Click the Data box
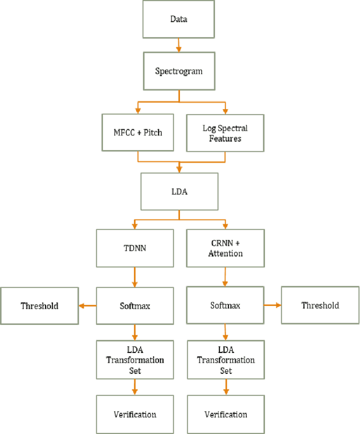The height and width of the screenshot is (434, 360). pyautogui.click(x=179, y=20)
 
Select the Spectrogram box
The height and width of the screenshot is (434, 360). pyautogui.click(x=179, y=71)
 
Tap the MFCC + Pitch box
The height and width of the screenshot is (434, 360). pyautogui.click(x=138, y=132)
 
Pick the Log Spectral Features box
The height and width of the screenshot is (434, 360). pyautogui.click(x=225, y=133)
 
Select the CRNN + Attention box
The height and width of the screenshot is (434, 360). pyautogui.click(x=226, y=248)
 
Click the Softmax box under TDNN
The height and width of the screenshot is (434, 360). pyautogui.click(x=134, y=306)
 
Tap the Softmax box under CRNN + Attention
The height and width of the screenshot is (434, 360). pyautogui.click(x=225, y=306)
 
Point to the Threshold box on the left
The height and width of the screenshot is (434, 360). pyautogui.click(x=39, y=306)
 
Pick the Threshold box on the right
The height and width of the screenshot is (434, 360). pyautogui.click(x=320, y=306)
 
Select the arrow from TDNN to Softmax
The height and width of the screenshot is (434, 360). pyautogui.click(x=134, y=277)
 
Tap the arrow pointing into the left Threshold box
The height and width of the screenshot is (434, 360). pyautogui.click(x=87, y=306)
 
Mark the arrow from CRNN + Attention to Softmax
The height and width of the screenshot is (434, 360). pyautogui.click(x=226, y=277)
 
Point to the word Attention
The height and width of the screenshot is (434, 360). pyautogui.click(x=226, y=254)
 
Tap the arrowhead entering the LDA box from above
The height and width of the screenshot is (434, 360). pyautogui.click(x=179, y=169)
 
